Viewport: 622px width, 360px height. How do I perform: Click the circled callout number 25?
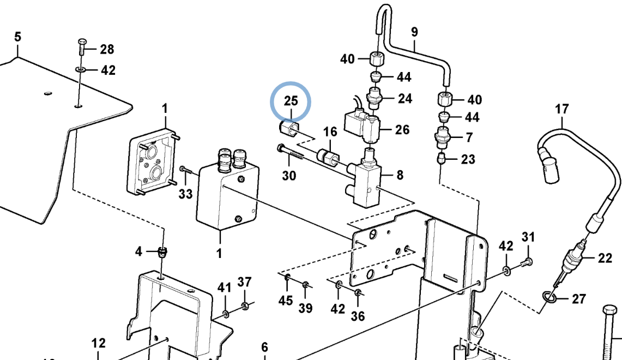pos(291,101)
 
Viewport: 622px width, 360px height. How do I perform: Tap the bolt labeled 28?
pos(82,47)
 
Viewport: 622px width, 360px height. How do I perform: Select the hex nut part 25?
pos(288,128)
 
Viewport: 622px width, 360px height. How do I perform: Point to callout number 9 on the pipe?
pos(414,32)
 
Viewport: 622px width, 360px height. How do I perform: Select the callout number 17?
pos(561,109)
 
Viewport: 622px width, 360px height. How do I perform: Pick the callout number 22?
pos(605,259)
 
